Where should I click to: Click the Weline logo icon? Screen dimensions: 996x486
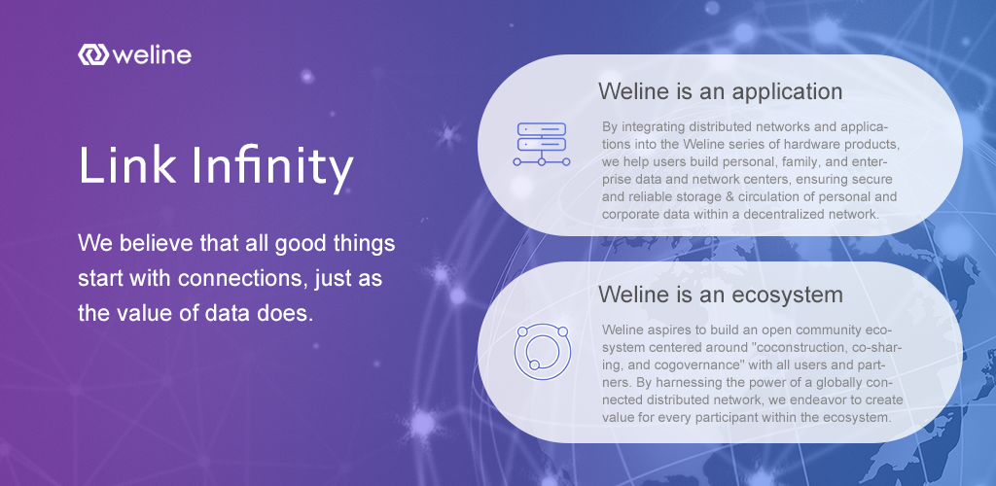point(93,54)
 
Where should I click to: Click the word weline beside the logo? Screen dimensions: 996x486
point(152,54)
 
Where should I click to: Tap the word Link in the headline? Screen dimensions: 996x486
point(127,165)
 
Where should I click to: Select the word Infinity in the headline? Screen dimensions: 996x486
point(272,168)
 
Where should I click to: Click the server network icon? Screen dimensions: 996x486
point(541,144)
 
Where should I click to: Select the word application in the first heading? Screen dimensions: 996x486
point(787,91)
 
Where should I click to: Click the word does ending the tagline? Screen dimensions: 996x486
point(290,313)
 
